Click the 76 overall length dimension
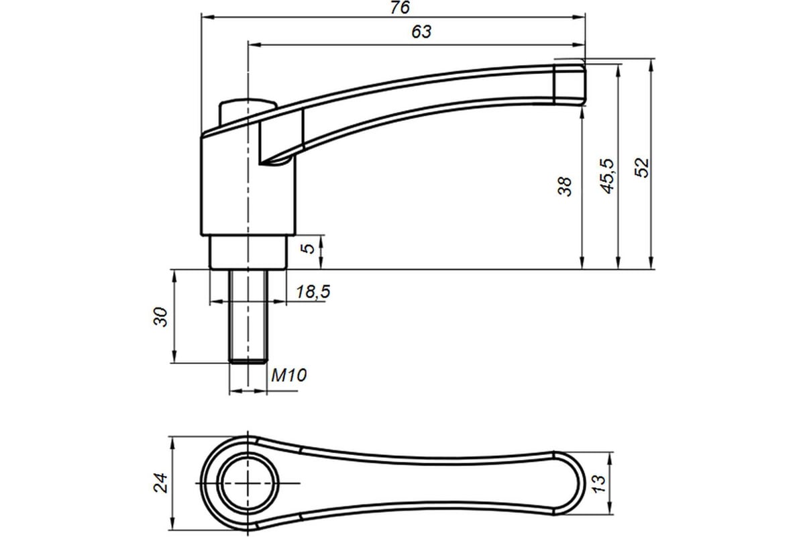click(x=400, y=7)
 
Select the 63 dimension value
click(x=421, y=32)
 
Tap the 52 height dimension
click(x=642, y=168)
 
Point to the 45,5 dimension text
click(x=607, y=176)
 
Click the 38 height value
click(x=565, y=187)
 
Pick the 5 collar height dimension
click(x=308, y=248)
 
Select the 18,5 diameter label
click(x=313, y=292)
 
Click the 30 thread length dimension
click(x=160, y=317)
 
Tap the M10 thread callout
click(x=289, y=375)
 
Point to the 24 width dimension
click(x=160, y=483)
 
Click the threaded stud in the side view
click(x=248, y=316)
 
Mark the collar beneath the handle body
click(x=248, y=252)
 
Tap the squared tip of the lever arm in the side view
click(x=570, y=85)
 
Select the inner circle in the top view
click(x=248, y=483)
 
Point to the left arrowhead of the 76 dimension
click(x=207, y=17)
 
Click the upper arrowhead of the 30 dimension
click(x=174, y=275)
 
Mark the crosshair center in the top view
click(x=248, y=483)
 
